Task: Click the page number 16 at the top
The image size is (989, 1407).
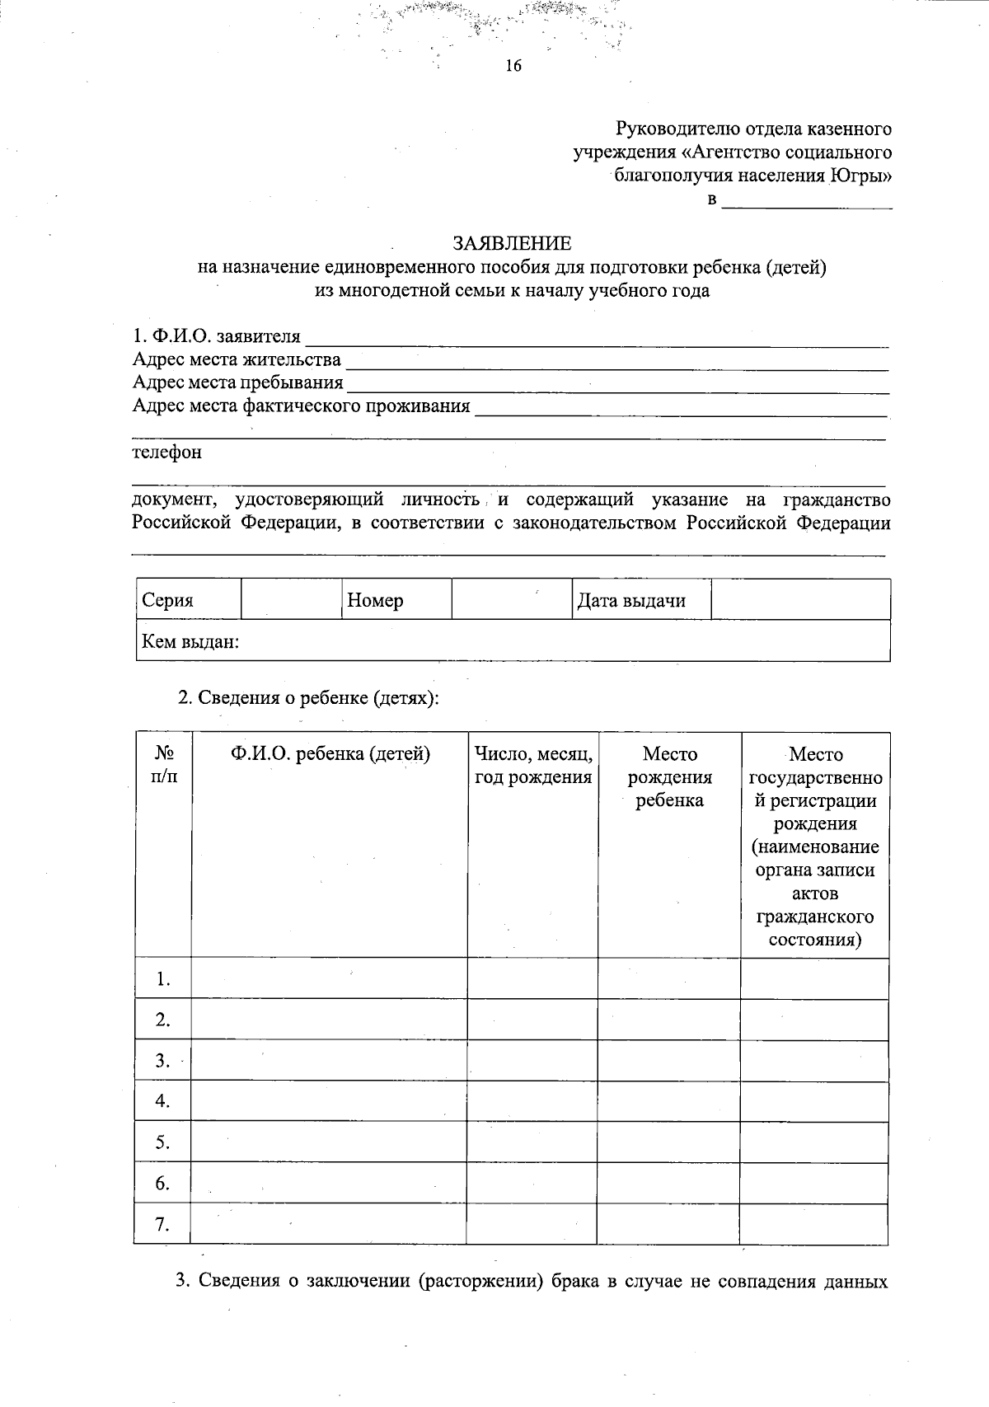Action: [513, 67]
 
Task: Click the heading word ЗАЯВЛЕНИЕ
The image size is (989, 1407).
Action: [511, 243]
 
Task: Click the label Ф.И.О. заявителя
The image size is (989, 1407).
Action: [217, 337]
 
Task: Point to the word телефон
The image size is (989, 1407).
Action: [167, 453]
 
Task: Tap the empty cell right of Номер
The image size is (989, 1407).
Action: [511, 599]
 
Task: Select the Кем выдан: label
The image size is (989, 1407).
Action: [191, 641]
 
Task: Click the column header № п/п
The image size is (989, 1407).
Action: [163, 765]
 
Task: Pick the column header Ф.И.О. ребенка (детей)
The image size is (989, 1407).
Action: [330, 753]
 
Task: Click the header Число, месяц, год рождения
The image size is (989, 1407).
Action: [533, 765]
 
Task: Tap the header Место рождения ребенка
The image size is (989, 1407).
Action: [669, 776]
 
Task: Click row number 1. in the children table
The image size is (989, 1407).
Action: [162, 979]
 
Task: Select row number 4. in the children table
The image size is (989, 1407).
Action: [162, 1101]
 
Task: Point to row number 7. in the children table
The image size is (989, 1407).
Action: [162, 1225]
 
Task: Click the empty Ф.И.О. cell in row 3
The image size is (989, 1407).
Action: [329, 1060]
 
